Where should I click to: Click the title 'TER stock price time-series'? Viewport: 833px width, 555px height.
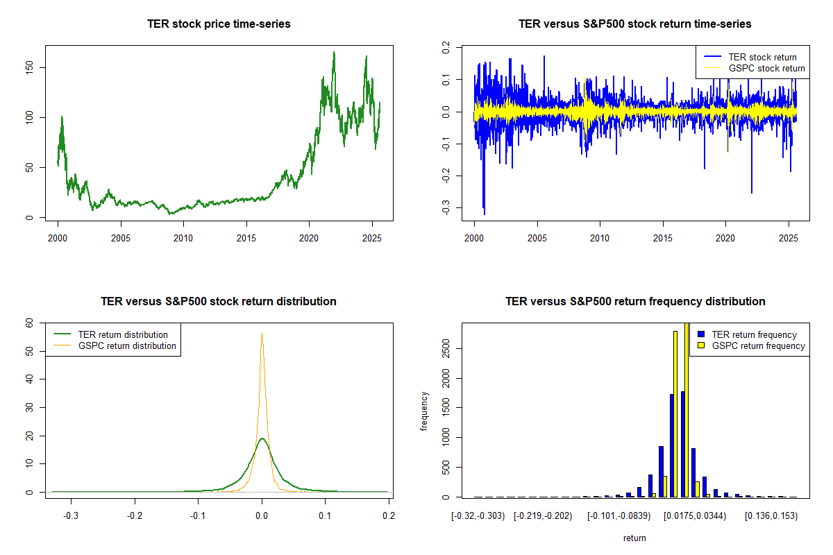point(219,24)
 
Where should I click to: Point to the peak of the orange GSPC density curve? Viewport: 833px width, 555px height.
point(262,333)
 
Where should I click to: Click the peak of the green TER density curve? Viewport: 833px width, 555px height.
point(262,438)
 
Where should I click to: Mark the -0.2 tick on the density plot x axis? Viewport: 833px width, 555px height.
point(135,515)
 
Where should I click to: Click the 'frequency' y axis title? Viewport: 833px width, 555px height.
point(425,411)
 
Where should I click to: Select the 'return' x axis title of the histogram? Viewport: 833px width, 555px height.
point(634,538)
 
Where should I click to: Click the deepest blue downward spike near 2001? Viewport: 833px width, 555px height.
point(484,214)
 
